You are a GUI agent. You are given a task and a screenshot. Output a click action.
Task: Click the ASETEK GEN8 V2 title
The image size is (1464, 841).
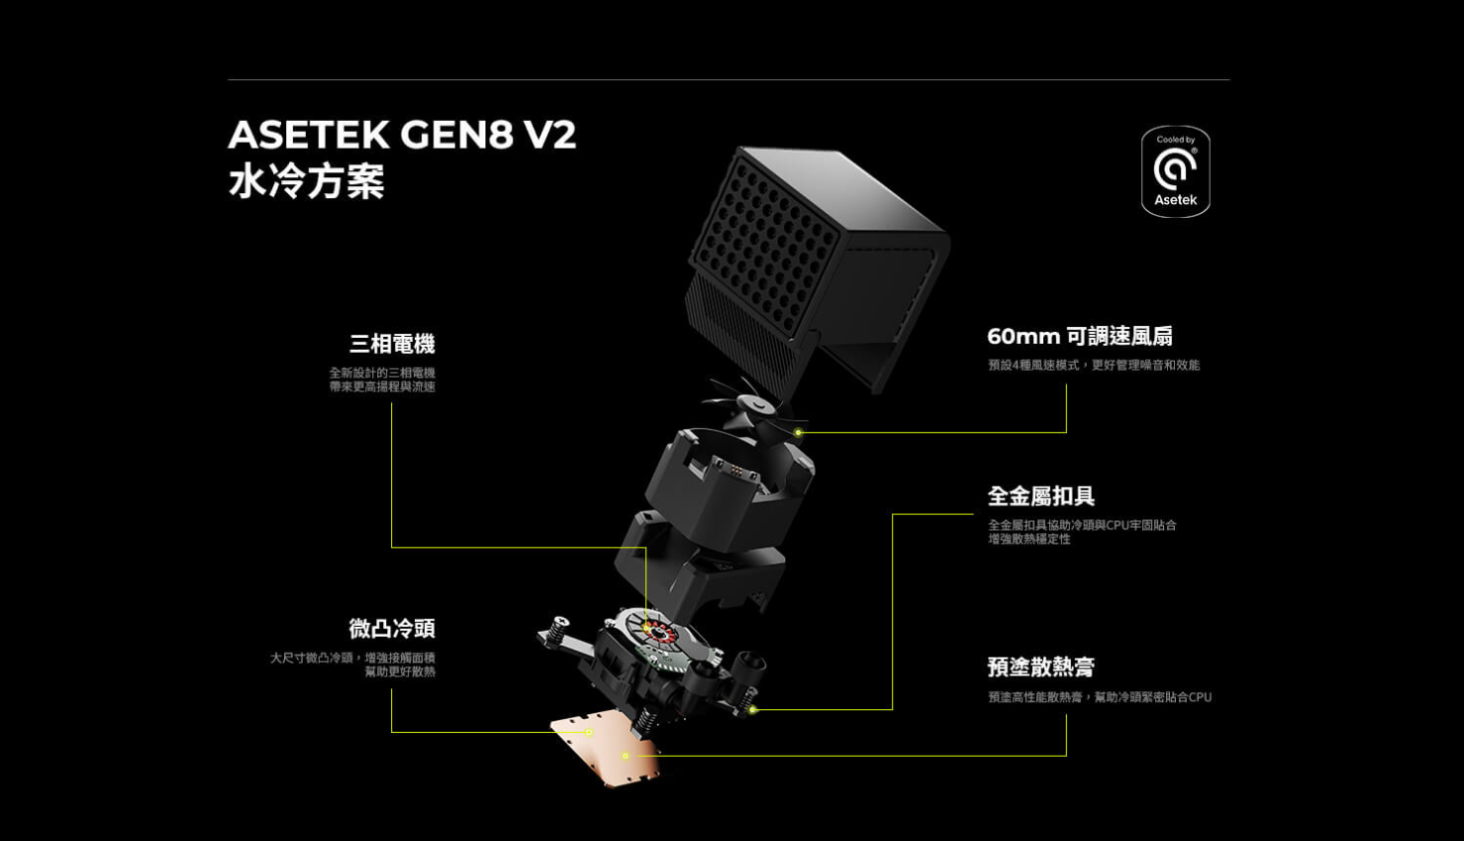click(402, 134)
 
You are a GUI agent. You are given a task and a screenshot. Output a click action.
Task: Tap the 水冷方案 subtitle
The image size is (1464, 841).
click(307, 181)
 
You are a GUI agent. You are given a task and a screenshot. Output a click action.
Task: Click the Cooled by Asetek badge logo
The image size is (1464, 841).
click(1175, 171)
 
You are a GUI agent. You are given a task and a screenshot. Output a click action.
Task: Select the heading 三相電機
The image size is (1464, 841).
click(392, 344)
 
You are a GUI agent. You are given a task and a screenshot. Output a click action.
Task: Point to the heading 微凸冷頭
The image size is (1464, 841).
click(392, 628)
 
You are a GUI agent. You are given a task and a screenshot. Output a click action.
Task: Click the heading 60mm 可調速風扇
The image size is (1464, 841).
click(1080, 336)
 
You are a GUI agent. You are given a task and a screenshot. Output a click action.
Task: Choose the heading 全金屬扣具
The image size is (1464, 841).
click(1041, 495)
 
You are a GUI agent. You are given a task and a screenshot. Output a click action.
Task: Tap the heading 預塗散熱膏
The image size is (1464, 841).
click(1041, 667)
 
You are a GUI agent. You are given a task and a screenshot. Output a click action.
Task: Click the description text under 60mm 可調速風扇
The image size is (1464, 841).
click(1094, 365)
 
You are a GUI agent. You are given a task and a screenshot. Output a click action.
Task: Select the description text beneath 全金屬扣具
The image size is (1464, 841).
click(1082, 532)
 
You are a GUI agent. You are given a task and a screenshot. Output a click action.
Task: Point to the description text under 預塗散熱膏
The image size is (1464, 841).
click(1100, 697)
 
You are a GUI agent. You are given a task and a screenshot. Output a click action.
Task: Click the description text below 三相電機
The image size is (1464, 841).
click(382, 379)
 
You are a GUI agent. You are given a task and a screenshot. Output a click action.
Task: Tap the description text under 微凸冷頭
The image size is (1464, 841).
click(353, 665)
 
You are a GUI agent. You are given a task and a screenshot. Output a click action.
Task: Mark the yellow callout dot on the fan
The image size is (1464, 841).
click(798, 432)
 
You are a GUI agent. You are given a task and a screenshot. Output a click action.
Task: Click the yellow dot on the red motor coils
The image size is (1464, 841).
click(646, 628)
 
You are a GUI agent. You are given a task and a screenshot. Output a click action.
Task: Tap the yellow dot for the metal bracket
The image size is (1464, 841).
click(752, 709)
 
